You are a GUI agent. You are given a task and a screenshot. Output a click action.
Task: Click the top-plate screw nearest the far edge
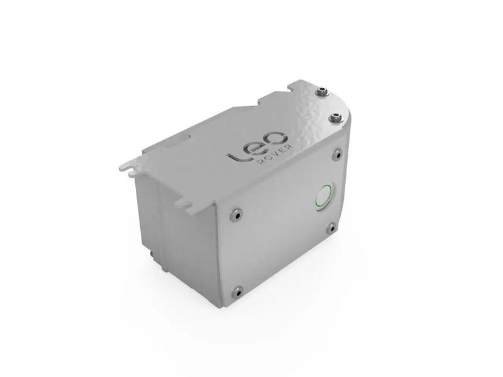(x=323, y=92)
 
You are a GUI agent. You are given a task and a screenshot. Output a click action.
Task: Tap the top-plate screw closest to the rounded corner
(x=334, y=117)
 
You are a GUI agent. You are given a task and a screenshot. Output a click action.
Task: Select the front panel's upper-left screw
(x=235, y=214)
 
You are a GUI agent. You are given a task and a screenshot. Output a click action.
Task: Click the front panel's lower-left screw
(x=237, y=291)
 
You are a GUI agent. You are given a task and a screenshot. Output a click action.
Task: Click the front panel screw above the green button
(x=338, y=153)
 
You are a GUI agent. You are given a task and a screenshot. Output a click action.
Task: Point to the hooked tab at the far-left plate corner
(x=126, y=167)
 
